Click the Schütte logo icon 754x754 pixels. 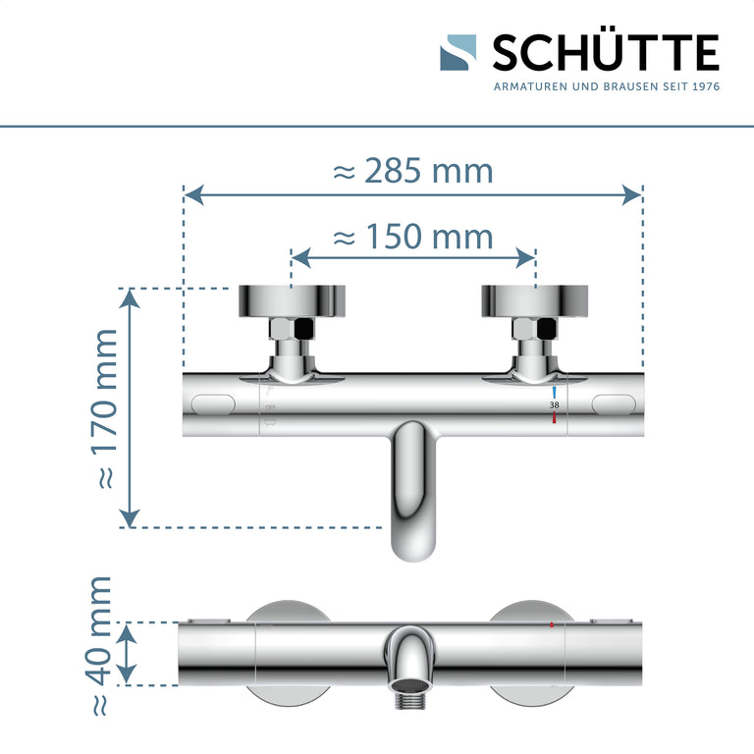458,53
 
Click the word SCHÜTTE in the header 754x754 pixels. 605,53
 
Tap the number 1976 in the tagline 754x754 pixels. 706,87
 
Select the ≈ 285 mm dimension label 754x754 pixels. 412,171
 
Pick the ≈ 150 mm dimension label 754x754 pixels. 412,237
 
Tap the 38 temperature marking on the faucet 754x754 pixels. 554,404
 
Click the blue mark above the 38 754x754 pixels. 554,392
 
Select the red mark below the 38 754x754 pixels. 554,418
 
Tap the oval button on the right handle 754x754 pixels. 615,404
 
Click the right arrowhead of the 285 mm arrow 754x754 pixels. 632,194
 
